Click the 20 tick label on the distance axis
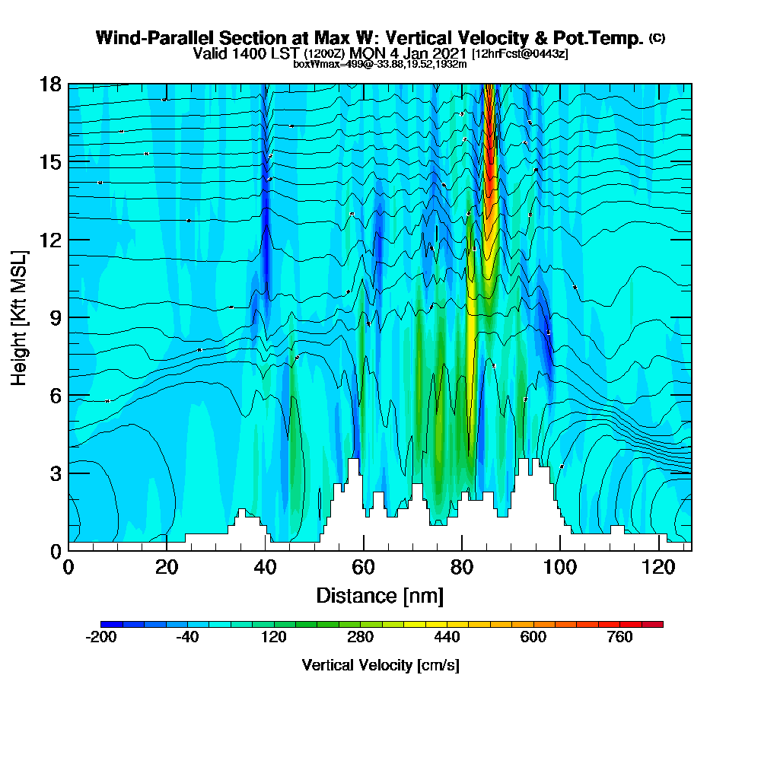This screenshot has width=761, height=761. tap(167, 567)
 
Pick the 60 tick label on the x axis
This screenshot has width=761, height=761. tap(364, 567)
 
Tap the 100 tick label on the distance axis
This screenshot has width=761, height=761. tap(560, 567)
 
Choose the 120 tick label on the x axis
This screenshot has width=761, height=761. tap(658, 567)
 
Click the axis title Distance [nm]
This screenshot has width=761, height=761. tap(380, 595)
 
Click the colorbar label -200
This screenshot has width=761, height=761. tap(101, 638)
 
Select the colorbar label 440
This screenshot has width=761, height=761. tap(447, 638)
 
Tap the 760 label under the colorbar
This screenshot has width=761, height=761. tap(619, 638)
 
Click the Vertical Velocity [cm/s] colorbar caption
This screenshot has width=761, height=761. tap(380, 665)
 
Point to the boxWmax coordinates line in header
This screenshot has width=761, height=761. tap(380, 64)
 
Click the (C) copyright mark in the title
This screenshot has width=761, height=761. tap(657, 38)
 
